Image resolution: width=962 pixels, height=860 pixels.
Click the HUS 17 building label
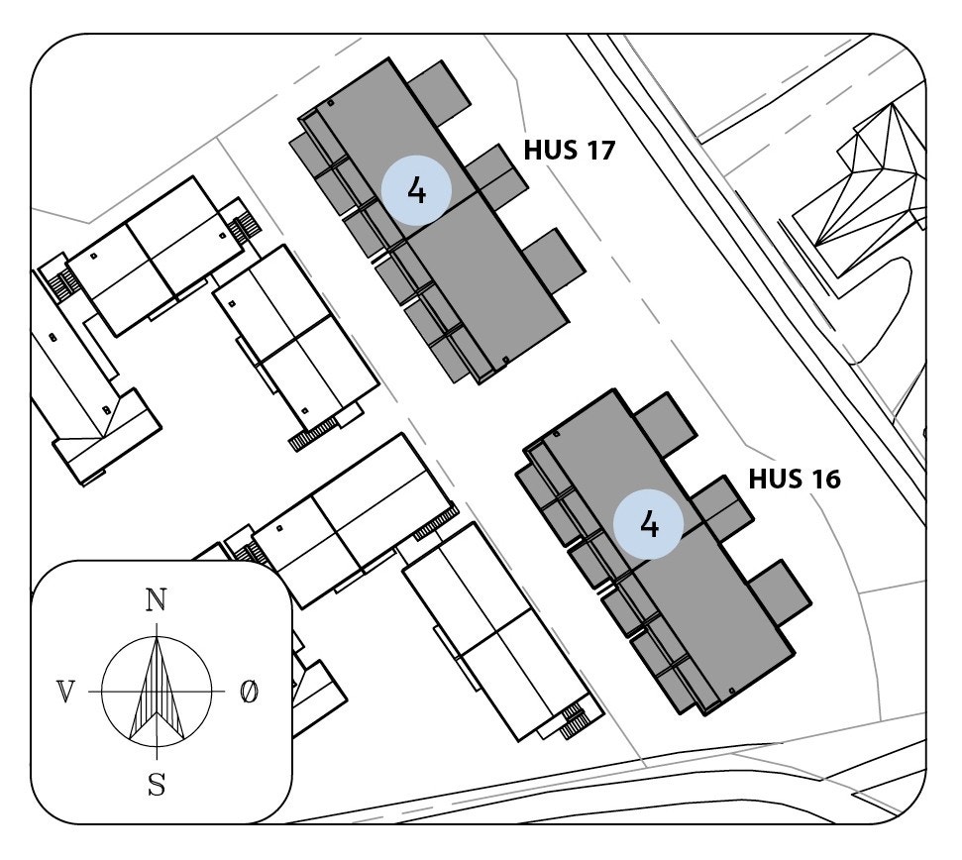[x=569, y=151]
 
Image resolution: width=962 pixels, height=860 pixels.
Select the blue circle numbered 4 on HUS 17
[x=416, y=190]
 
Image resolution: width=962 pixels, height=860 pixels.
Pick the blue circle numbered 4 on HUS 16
[x=649, y=521]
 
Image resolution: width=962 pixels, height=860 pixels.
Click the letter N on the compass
[x=156, y=600]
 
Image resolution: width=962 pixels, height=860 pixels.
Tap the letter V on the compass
[x=65, y=692]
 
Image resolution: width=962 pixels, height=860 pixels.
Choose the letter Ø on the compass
[x=249, y=692]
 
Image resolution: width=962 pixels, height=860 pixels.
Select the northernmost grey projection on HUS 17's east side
[x=439, y=92]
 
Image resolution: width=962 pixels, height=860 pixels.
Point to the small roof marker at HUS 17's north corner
[x=330, y=102]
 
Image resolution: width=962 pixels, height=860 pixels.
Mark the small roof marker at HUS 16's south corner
[x=731, y=689]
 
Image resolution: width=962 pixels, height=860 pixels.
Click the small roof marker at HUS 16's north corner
[x=557, y=434]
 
